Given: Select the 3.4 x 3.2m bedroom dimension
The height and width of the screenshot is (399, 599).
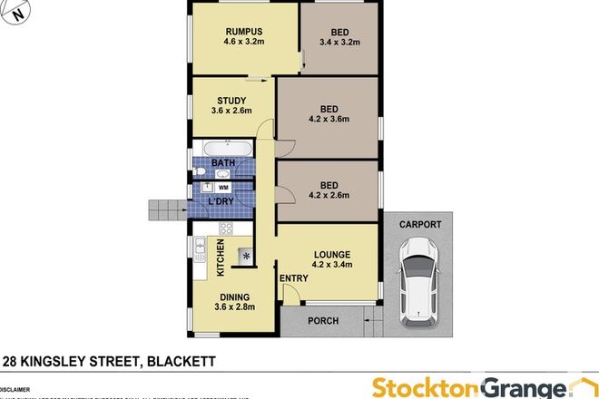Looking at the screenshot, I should [340, 41].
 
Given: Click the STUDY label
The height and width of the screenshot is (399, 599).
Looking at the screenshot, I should [231, 101].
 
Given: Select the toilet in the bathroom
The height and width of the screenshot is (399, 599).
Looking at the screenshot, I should [199, 171].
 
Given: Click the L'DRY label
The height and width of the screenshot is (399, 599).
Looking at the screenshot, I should [222, 199].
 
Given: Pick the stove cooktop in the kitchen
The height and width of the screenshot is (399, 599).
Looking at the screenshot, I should [224, 229].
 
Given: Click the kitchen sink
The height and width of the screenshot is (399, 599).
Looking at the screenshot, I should [198, 248].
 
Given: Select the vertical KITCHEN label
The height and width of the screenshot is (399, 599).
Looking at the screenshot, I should [220, 258].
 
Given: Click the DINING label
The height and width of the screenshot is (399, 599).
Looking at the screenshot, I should [231, 296].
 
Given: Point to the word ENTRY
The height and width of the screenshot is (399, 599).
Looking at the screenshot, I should [293, 278].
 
